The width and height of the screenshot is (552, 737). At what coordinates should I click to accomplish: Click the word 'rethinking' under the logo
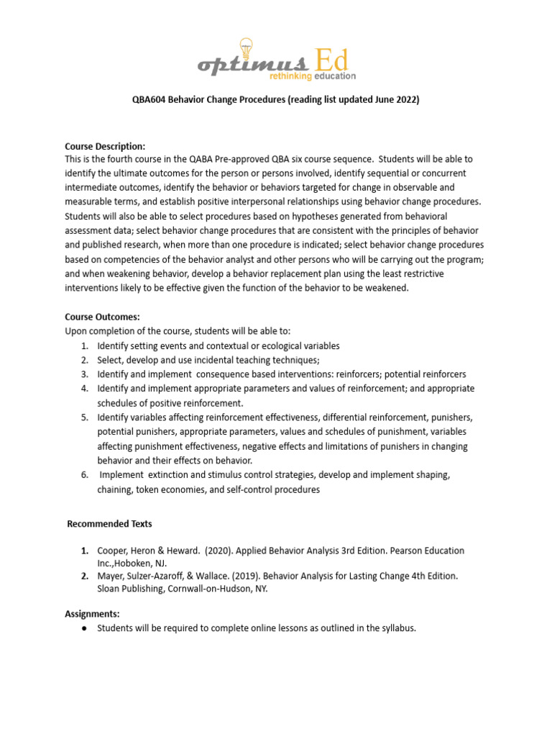(290, 76)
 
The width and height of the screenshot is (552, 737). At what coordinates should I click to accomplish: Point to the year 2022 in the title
(403, 100)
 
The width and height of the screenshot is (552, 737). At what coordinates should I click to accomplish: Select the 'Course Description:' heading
(105, 146)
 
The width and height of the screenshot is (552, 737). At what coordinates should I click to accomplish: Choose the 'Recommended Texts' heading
(109, 524)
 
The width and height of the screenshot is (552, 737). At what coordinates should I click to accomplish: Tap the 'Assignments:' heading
(92, 614)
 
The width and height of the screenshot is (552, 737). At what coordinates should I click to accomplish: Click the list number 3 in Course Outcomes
(84, 374)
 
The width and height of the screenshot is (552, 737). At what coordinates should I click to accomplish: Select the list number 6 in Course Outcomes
(84, 475)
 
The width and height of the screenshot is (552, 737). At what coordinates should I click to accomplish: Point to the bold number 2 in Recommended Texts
(84, 576)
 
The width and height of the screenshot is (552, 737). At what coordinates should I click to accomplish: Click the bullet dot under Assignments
(84, 628)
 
